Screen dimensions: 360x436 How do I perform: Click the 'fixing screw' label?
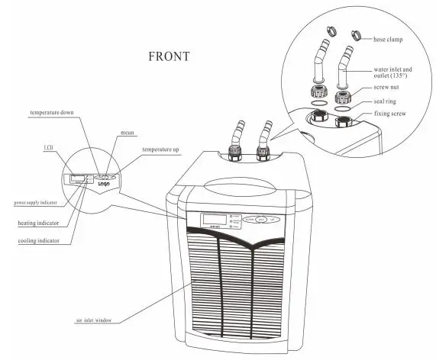point(391,114)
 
